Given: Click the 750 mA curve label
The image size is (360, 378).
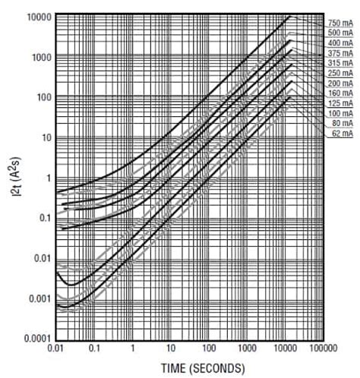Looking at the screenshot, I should (x=341, y=22).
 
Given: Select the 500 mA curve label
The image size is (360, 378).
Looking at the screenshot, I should (x=341, y=33).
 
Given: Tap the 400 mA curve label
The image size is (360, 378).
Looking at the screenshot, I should (x=341, y=45).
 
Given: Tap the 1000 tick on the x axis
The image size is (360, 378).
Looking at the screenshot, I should (x=247, y=349).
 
